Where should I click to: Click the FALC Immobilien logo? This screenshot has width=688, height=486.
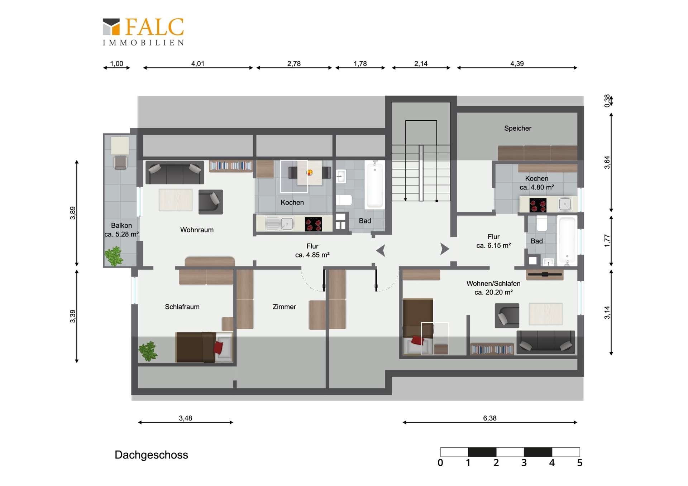[143, 32]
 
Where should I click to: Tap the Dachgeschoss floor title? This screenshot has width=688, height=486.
[151, 455]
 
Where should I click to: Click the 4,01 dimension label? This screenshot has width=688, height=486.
[197, 63]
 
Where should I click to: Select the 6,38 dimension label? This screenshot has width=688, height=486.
[489, 418]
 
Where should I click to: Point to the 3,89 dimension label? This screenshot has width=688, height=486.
[73, 213]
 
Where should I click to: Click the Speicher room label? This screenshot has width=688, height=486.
[517, 128]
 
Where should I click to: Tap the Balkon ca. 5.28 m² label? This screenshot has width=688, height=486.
[121, 230]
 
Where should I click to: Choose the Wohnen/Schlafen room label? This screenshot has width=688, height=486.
[493, 283]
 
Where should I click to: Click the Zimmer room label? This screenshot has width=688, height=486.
[284, 307]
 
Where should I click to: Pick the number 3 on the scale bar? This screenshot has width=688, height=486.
[524, 463]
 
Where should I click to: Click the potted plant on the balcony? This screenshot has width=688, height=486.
[114, 256]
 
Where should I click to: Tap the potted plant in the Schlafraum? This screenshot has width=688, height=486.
[148, 351]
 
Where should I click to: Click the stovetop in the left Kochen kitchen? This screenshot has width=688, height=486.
[313, 224]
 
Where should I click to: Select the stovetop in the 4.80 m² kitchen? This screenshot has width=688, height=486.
[538, 205]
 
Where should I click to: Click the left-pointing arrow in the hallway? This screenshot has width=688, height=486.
[381, 250]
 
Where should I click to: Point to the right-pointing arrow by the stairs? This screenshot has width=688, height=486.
[445, 249]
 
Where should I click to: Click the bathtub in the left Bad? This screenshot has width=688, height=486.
[375, 184]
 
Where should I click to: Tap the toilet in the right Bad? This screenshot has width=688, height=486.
[542, 223]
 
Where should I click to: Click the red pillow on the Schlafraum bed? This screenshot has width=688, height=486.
[218, 348]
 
